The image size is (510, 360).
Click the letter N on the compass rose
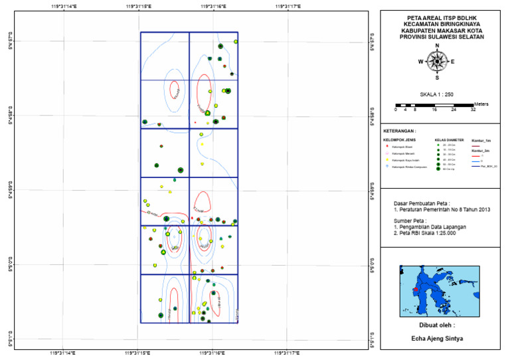tap(437, 47)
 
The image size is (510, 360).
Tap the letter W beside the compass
tap(420, 61)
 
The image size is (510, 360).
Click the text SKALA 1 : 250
tap(437, 94)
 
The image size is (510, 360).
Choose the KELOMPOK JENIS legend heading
tap(398, 140)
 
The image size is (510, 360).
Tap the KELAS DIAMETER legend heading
tap(448, 140)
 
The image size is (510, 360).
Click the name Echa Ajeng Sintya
tap(437, 338)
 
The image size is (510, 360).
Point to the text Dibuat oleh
tap(437, 325)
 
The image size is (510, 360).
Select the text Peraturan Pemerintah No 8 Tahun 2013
tap(441, 210)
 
